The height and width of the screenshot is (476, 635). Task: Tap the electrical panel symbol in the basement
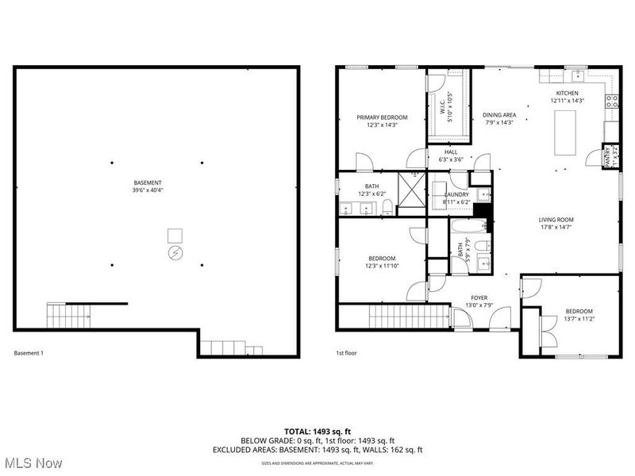pos(175,253)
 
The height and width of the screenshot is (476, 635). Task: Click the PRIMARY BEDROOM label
pos(376,121)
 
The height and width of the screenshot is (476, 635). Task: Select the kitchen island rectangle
pos(565,132)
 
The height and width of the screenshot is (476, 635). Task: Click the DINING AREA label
pos(499,118)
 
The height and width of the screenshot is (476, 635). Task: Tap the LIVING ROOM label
pos(556,223)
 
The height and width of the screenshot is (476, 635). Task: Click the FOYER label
pos(479,301)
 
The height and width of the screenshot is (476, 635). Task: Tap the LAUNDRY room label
pos(456,198)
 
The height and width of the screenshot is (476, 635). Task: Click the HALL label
pos(451,155)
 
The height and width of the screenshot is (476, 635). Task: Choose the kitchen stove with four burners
pos(612,101)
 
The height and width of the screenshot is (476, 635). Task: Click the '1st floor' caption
pos(346,353)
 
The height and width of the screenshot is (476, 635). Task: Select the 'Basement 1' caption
pos(29,353)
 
